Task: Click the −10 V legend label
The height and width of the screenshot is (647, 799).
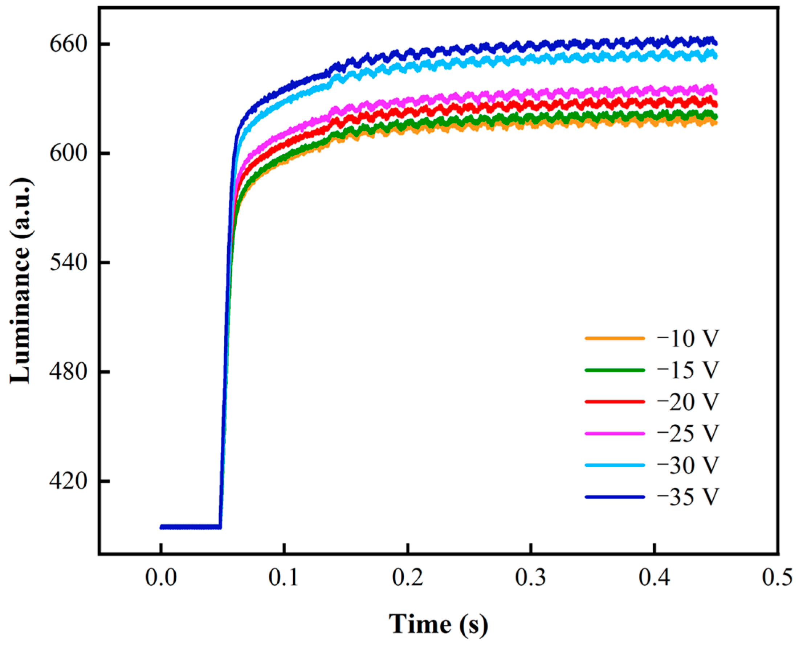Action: click(x=688, y=339)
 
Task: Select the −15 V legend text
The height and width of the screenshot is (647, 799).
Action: click(x=688, y=370)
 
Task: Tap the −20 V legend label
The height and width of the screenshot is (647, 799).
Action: click(x=688, y=402)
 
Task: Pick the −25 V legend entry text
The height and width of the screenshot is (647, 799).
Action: click(x=688, y=433)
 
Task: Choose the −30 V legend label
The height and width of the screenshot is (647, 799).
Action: click(x=688, y=465)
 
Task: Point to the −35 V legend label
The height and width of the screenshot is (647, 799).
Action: click(x=688, y=497)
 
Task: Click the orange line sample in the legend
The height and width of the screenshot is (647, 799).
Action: click(x=615, y=338)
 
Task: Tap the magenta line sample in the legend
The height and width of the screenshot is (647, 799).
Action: click(x=615, y=433)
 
